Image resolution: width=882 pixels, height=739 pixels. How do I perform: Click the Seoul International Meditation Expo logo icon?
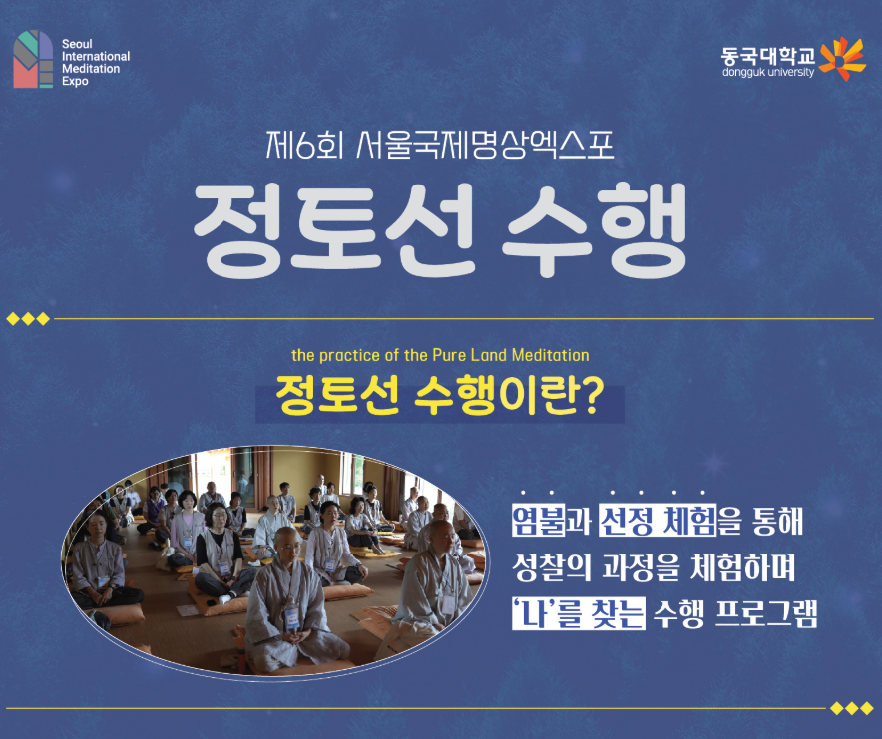[x=33, y=59]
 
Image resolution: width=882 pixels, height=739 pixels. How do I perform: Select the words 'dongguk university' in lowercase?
[x=768, y=72]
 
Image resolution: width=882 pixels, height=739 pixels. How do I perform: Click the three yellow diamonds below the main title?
[x=27, y=319]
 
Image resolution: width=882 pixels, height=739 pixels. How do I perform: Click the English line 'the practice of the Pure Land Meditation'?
[x=440, y=355]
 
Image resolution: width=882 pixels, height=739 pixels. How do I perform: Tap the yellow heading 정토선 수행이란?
[x=440, y=397]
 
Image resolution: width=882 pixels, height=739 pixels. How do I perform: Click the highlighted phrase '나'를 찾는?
[x=578, y=614]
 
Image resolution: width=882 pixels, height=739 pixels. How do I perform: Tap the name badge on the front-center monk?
[x=292, y=614]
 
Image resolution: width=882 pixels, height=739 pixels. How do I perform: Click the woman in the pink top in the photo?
[x=186, y=529]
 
